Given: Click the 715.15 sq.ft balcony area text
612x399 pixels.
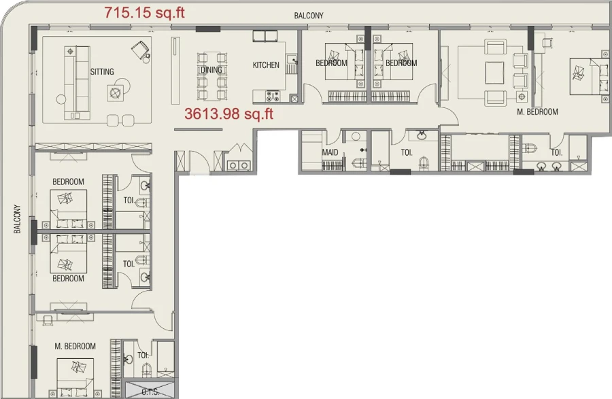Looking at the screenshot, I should (x=143, y=13).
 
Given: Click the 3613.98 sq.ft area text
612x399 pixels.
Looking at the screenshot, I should (x=228, y=114).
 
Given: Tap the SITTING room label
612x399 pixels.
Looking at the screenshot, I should (x=102, y=71).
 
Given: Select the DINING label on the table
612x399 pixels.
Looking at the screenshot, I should (x=211, y=70).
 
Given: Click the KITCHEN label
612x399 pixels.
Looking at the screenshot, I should (x=266, y=65).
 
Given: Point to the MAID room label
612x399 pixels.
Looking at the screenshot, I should (x=330, y=153).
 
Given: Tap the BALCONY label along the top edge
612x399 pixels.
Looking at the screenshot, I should (x=309, y=15).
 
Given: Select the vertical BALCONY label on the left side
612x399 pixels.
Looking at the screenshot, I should (x=17, y=220).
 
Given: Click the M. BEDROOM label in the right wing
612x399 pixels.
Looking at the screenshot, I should (x=537, y=112).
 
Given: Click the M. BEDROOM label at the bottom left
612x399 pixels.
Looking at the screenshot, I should (x=75, y=347).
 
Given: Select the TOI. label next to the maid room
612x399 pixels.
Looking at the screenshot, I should (x=407, y=153).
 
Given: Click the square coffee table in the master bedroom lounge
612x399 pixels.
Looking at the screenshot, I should (x=495, y=71).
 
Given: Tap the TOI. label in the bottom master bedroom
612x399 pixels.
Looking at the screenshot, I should (x=143, y=355).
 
